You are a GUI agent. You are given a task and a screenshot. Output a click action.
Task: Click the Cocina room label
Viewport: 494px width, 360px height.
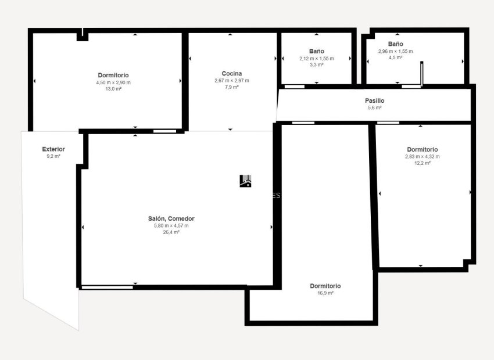coord(231,73)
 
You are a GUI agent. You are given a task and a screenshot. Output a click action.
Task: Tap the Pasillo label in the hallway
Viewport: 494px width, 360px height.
coord(374,100)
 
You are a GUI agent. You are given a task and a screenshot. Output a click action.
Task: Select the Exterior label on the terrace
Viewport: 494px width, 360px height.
coord(53,149)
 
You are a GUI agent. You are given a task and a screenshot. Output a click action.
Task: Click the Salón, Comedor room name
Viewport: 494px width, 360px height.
coord(171,218)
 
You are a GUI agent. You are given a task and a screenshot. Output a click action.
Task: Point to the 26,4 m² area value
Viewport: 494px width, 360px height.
coord(171,232)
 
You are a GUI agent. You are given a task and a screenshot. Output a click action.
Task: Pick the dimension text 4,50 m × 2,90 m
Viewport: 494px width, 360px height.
coord(113,82)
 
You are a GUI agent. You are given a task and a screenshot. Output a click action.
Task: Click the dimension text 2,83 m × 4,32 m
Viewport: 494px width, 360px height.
coord(422,156)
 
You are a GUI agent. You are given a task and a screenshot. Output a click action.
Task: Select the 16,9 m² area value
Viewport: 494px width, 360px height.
coord(325,293)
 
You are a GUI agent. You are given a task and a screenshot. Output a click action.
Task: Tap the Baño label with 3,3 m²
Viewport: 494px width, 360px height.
coord(316,51)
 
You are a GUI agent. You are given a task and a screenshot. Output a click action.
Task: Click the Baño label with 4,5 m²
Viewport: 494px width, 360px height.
coord(395,44)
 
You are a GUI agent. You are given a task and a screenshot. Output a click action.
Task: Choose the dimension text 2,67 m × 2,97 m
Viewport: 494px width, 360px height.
coord(231,80)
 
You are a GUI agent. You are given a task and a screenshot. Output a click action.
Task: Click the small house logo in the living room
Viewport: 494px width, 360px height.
coord(246,181)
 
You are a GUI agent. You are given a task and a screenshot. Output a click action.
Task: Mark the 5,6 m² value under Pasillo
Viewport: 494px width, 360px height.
coord(374,107)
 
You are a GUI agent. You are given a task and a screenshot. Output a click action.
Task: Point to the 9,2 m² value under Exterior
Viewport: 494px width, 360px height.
coord(53,156)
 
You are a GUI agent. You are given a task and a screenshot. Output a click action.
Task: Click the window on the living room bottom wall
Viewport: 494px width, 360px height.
coord(107,287)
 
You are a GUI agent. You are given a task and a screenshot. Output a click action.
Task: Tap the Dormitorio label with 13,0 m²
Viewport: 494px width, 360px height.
coord(113,75)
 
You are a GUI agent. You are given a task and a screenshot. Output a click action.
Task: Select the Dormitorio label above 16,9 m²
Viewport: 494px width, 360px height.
coord(325,286)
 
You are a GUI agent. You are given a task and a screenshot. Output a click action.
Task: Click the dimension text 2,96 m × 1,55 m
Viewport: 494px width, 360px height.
coord(395,51)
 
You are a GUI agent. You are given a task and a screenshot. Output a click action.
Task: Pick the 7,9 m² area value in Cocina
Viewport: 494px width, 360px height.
coord(231,87)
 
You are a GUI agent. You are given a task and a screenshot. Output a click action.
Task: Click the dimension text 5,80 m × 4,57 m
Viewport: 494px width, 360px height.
coord(171,225)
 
